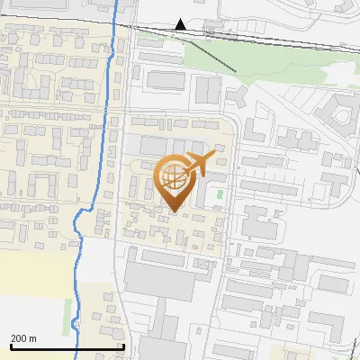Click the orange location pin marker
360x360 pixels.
173,180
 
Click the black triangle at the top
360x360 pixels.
181,24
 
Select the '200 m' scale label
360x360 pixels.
23,338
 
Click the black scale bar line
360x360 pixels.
67,346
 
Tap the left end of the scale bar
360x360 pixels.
12,346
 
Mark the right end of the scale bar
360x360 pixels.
123,346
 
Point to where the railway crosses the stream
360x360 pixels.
117,23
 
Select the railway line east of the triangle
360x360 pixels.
270,39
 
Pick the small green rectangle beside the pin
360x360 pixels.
220,193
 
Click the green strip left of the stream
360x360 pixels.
70,310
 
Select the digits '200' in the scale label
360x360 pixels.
19,338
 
